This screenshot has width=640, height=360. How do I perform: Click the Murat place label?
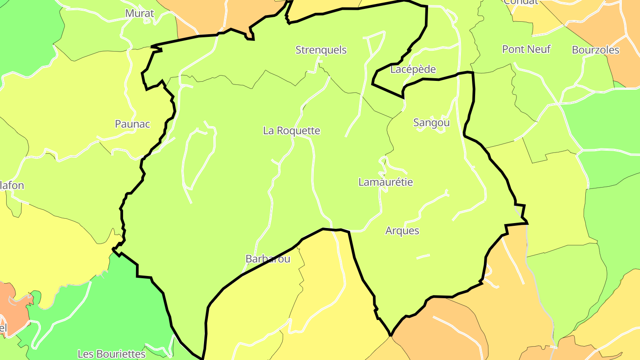[140, 13]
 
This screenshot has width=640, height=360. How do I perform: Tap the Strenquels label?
[321, 50]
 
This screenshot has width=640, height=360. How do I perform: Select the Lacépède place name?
[413, 69]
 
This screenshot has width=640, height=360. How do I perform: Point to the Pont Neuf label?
[526, 49]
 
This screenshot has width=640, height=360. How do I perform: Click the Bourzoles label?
[596, 50]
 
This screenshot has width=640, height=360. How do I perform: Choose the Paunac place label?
[132, 124]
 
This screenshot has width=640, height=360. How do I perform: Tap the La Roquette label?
[292, 131]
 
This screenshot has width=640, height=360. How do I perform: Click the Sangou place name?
[432, 123]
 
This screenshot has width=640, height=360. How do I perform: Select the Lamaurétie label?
[386, 182]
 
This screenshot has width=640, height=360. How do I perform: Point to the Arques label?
[402, 231]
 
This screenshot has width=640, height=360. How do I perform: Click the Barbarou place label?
[268, 259]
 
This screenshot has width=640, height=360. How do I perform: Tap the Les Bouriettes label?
[112, 354]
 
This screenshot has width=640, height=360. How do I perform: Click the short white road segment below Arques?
[423, 256]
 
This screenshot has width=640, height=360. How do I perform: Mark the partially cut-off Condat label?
[521, 2]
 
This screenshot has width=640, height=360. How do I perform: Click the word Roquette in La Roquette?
[298, 131]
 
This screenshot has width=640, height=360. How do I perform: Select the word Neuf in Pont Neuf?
[539, 49]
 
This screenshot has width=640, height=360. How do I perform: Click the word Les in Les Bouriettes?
[85, 354]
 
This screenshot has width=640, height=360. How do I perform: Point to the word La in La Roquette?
[268, 131]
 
